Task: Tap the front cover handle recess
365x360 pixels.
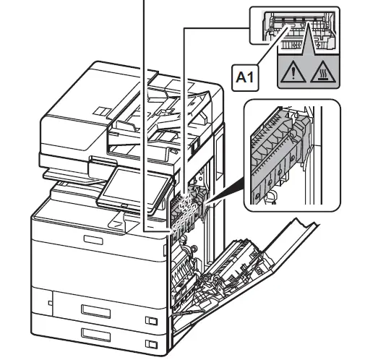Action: click(93, 239)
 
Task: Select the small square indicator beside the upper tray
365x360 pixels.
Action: click(150, 320)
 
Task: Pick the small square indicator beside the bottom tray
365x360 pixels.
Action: click(150, 343)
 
